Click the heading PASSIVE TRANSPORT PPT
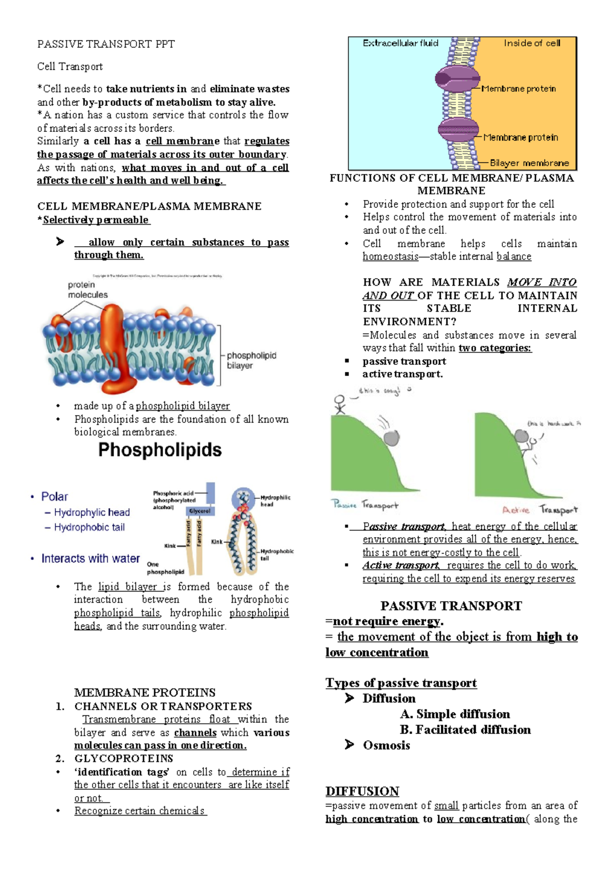[x=106, y=44]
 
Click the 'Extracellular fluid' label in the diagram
[x=400, y=43]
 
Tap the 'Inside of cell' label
[x=531, y=43]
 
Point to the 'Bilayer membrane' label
[x=529, y=163]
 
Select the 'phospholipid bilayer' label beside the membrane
[x=251, y=360]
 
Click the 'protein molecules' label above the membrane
[x=88, y=290]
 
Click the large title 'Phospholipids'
[x=160, y=450]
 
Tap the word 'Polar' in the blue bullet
[x=54, y=497]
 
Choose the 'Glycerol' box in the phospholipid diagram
[x=199, y=511]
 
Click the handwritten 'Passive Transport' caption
[x=364, y=505]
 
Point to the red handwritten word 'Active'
[x=516, y=510]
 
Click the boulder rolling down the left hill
[x=392, y=438]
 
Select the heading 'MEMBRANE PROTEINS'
[x=145, y=693]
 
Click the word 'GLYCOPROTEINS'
[x=124, y=758]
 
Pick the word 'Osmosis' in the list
[x=386, y=745]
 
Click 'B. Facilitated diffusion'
[x=465, y=730]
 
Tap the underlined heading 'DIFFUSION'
[x=362, y=791]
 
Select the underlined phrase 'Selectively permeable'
[x=96, y=220]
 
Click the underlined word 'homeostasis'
[x=391, y=256]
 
